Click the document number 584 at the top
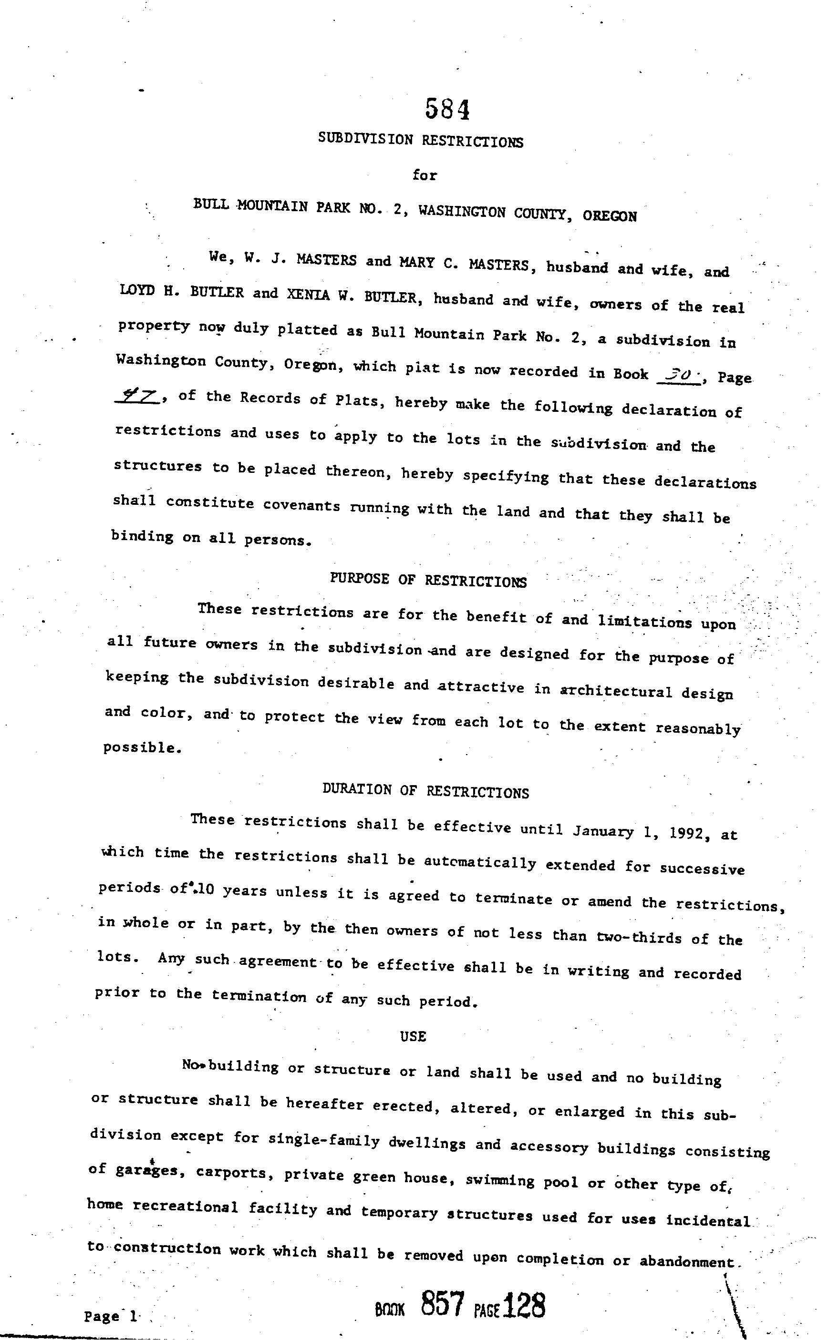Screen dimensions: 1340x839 (x=447, y=109)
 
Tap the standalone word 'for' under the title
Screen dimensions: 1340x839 (x=425, y=175)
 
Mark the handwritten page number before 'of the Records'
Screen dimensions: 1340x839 (x=136, y=396)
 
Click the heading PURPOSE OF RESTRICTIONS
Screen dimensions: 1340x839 (x=428, y=581)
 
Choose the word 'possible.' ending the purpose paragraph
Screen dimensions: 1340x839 (x=143, y=748)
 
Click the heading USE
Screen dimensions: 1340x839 (x=413, y=1036)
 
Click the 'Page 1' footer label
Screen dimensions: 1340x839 (x=111, y=1316)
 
